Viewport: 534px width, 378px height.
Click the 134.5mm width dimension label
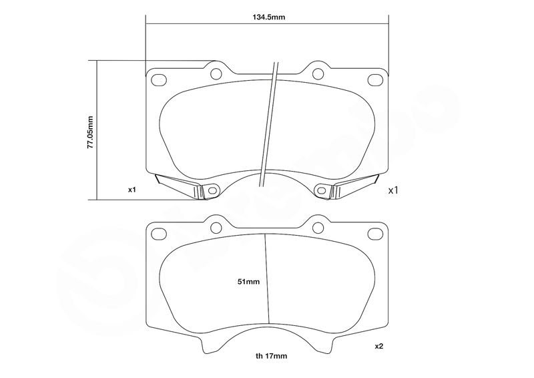click(x=269, y=17)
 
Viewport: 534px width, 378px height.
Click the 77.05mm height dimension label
click(x=90, y=132)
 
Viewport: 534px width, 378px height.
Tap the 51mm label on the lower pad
click(x=248, y=282)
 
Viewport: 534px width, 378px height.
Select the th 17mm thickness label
click(x=272, y=356)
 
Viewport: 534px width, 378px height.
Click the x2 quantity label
click(x=379, y=347)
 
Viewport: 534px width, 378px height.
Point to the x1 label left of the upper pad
click(x=131, y=190)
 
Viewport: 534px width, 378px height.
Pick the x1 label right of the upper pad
click(x=393, y=190)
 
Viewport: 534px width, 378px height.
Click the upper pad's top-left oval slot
click(x=158, y=79)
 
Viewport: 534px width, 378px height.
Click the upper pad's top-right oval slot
click(x=375, y=79)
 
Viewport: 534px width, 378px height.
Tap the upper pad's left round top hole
click(x=216, y=73)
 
